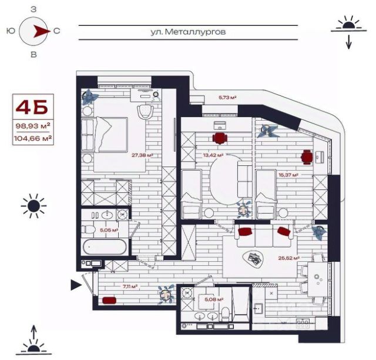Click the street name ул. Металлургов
click(188, 32)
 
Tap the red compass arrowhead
click(41, 31)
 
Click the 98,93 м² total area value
click(33, 126)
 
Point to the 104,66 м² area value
click(33, 138)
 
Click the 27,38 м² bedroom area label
click(142, 155)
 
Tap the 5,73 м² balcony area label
click(227, 98)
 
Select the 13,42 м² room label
click(213, 155)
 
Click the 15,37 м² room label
click(288, 175)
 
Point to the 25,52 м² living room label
click(288, 258)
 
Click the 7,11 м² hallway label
click(130, 286)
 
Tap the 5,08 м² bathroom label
click(214, 299)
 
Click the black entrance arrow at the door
click(76, 285)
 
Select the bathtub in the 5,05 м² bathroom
click(105, 247)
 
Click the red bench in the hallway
click(109, 300)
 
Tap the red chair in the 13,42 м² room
click(220, 138)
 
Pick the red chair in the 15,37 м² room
click(307, 157)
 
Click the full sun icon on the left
click(33, 206)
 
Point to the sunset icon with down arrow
click(348, 32)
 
